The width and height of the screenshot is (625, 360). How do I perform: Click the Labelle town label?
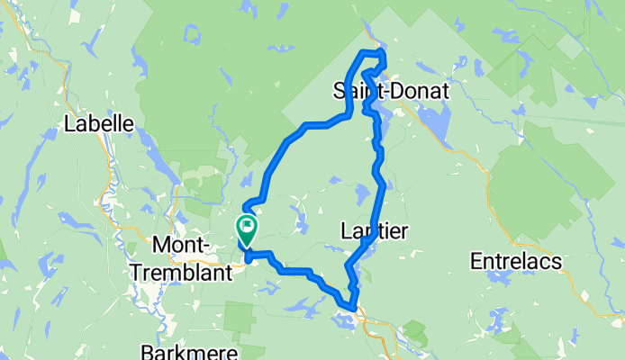click(x=99, y=124)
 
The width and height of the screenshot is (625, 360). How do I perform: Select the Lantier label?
click(x=375, y=231)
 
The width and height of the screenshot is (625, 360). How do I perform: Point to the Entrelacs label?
click(x=516, y=261)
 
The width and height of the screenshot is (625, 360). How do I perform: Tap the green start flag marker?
click(x=246, y=228)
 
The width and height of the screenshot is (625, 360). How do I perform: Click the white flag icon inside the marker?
click(x=246, y=225)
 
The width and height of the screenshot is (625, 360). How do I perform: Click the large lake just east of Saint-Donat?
click(x=430, y=117)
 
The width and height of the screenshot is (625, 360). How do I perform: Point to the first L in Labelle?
click(x=69, y=124)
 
